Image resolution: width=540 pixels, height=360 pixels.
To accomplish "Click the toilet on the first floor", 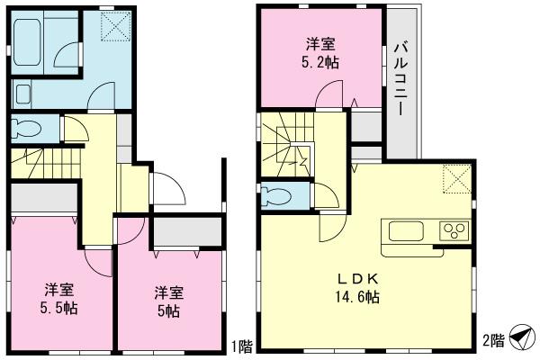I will [28, 128].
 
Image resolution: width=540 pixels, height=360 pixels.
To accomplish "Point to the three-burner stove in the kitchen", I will [454, 231].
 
